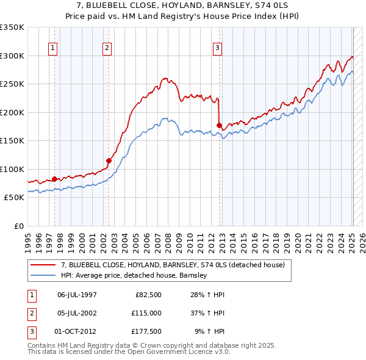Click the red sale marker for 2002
coord(109,161)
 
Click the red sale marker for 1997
coord(54,179)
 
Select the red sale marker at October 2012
coord(219,125)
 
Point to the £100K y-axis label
coord(12,169)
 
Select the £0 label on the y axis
coord(18,226)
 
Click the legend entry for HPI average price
coord(134,275)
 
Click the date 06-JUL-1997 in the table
coord(77,295)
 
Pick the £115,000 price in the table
coord(146,313)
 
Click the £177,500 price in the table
coord(146,331)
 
